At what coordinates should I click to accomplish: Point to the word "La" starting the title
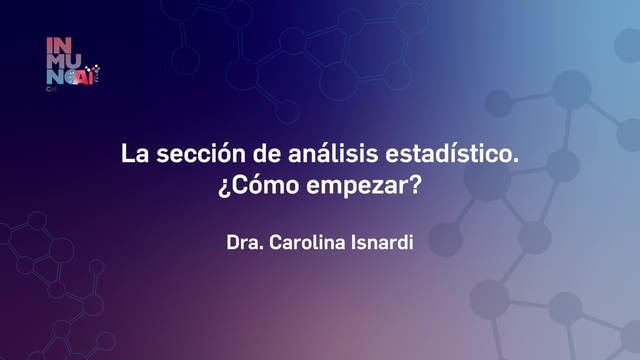pos(133,156)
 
